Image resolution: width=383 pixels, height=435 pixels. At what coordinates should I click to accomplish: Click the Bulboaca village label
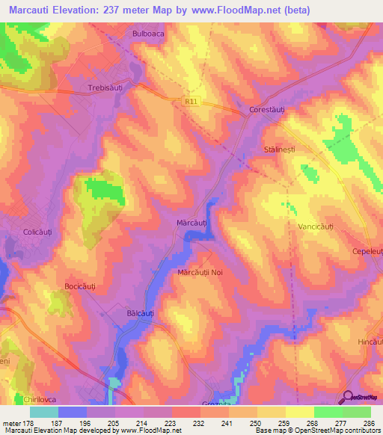tap(147, 34)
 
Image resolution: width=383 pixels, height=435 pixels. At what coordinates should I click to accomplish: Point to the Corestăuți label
tap(267, 110)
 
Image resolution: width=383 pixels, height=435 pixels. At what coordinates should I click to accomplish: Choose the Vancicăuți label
tap(319, 226)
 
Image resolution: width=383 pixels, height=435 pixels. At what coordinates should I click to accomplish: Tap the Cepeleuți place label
tap(367, 252)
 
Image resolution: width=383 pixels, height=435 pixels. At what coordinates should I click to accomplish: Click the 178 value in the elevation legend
tap(27, 422)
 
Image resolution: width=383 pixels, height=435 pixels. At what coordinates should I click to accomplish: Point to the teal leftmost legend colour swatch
tap(43, 412)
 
